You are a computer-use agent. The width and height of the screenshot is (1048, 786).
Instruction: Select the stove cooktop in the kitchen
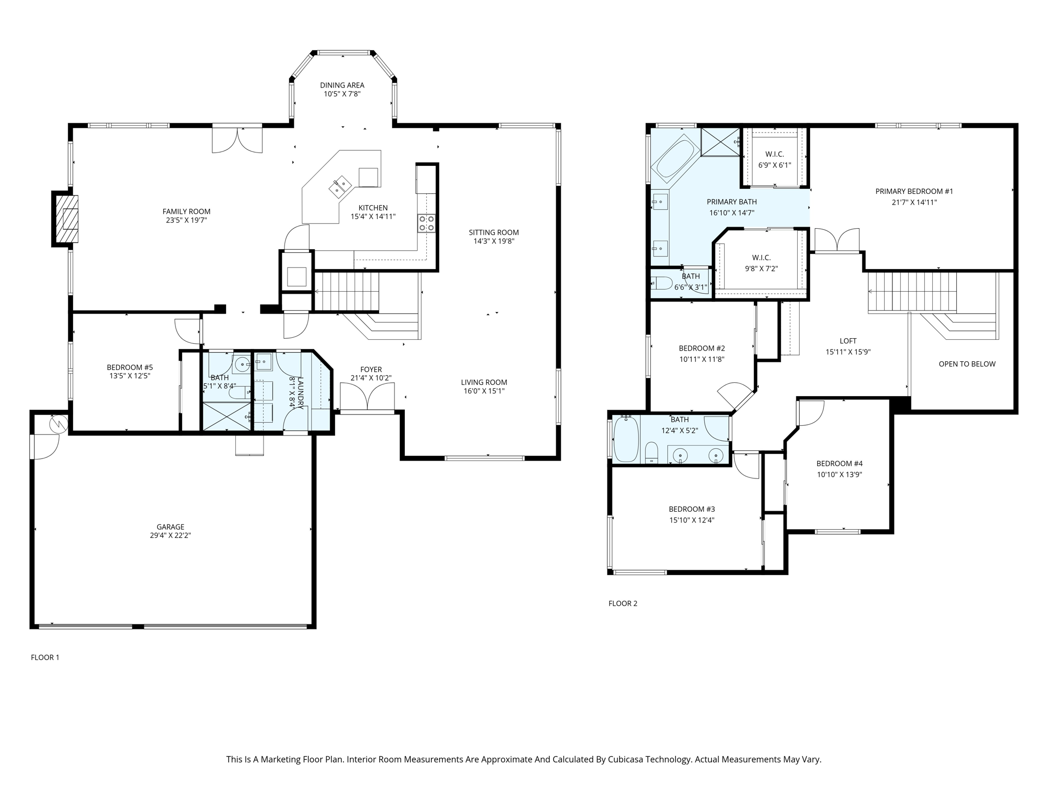(426, 223)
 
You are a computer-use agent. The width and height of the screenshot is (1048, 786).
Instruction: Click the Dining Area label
(342, 85)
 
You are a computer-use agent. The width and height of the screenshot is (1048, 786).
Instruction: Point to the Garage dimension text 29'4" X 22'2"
(170, 535)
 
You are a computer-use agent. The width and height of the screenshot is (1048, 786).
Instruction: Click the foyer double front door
(367, 398)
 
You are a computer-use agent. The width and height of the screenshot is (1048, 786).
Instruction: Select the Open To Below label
(967, 364)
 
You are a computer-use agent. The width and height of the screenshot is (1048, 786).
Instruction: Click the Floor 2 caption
(623, 603)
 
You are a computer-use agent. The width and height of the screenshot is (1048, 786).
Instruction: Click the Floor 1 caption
(45, 657)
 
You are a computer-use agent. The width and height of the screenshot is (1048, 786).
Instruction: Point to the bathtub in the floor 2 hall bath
(626, 439)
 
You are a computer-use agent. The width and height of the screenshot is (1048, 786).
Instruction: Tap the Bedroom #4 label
(839, 464)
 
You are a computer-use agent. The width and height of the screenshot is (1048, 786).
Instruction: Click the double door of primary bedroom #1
(837, 241)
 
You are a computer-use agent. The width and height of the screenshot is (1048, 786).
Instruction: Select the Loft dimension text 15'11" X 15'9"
(848, 352)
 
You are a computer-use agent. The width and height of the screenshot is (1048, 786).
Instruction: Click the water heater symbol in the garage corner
(59, 424)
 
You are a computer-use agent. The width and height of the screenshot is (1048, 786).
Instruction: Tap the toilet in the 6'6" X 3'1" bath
(661, 283)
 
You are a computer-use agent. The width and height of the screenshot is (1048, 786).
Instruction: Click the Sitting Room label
(494, 232)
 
